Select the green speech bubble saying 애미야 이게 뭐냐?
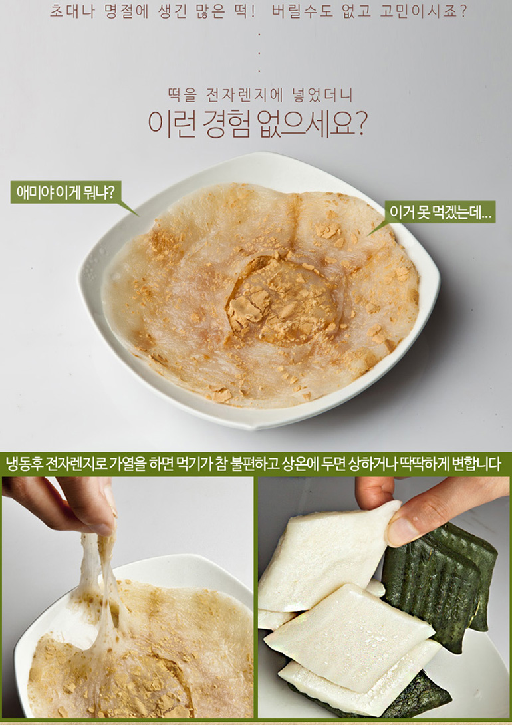click(x=66, y=192)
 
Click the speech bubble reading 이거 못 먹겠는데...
click(x=440, y=212)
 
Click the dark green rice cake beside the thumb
click(x=439, y=583)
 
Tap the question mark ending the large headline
click(x=361, y=124)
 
